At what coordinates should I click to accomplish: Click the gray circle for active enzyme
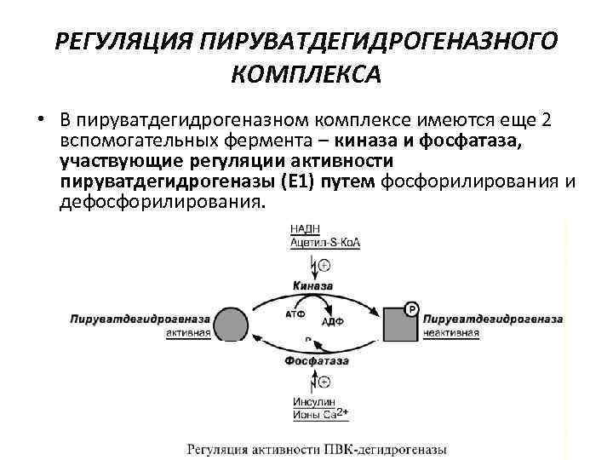click(x=230, y=325)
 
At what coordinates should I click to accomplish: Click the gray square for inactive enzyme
click(x=398, y=325)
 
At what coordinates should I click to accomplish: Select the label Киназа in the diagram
click(x=312, y=285)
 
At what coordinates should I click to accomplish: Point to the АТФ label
click(x=292, y=313)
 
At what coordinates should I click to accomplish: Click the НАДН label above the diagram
click(x=306, y=228)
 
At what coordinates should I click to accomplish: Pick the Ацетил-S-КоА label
click(x=324, y=243)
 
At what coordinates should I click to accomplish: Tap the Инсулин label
click(x=312, y=402)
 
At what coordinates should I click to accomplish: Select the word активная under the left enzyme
click(x=187, y=333)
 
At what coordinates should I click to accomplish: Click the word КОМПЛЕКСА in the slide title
click(x=306, y=76)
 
